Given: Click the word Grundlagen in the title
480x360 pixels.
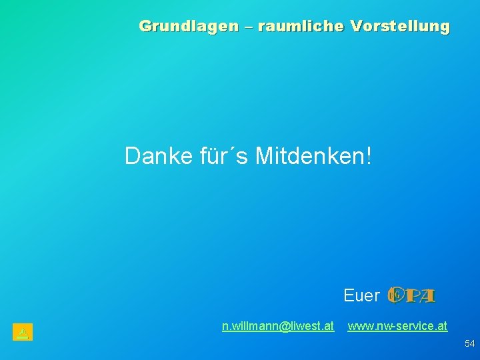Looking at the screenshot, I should pos(188,27).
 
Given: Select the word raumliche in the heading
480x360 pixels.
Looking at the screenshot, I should pos(299,27).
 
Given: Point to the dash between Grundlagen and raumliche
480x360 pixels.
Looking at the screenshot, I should pos(247,27).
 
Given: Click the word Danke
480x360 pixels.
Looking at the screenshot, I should pos(159,156).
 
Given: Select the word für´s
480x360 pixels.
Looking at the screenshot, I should pos(224,156).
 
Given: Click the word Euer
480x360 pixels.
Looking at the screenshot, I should pos(361,295).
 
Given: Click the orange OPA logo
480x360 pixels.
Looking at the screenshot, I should pos(411,295).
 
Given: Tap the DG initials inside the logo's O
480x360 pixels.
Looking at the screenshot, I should pos(395,293).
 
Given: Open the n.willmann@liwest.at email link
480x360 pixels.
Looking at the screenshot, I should pos(278,326).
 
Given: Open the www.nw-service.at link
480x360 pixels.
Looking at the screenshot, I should pos(397,326).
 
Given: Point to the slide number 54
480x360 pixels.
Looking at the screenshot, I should pos(469,343).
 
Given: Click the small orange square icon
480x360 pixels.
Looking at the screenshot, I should pos(22,331).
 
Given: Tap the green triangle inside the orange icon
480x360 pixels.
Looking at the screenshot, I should pos(22,331).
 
